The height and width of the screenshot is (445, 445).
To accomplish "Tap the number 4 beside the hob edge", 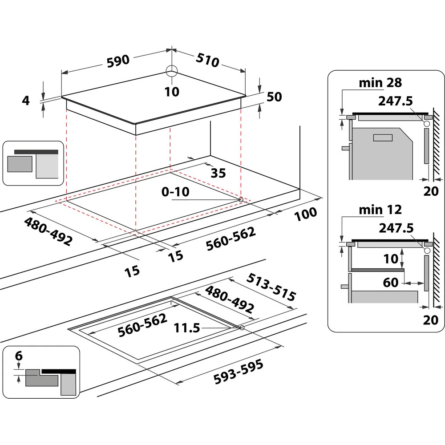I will click(x=26, y=101).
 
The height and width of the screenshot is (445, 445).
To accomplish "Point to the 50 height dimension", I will click(x=274, y=97).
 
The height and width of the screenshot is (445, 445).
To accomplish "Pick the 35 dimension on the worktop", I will click(x=218, y=173).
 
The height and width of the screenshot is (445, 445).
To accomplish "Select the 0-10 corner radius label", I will click(x=176, y=192).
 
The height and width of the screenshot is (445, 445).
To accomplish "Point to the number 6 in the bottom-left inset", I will click(x=18, y=356).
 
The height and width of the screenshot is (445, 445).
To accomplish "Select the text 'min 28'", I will click(x=380, y=82).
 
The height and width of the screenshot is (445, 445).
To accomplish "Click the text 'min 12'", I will click(x=380, y=209).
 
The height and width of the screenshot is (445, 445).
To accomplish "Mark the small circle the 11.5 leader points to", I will click(x=242, y=328).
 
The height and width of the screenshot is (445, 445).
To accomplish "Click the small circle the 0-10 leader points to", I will click(x=241, y=200).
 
